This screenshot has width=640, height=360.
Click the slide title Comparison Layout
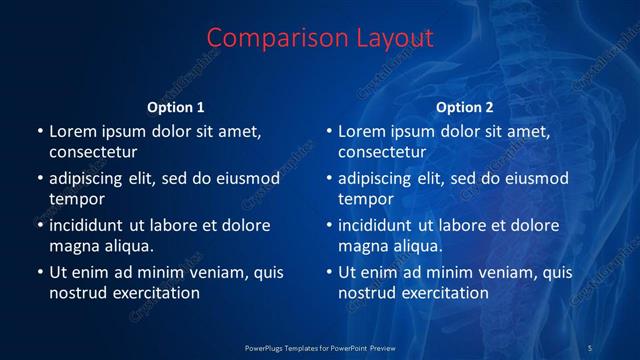pyautogui.click(x=320, y=38)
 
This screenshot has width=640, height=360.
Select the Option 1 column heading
pyautogui.click(x=176, y=107)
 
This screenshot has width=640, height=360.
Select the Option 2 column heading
pyautogui.click(x=465, y=107)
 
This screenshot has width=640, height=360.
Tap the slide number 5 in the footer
pyautogui.click(x=590, y=347)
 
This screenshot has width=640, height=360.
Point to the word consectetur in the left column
pyautogui.click(x=93, y=152)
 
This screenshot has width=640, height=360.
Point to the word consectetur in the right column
pyautogui.click(x=382, y=152)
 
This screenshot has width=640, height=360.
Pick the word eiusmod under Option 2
pyautogui.click(x=536, y=178)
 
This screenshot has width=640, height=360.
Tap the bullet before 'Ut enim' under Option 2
pyautogui.click(x=329, y=272)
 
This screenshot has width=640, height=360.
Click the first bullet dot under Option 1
pyautogui.click(x=40, y=131)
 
